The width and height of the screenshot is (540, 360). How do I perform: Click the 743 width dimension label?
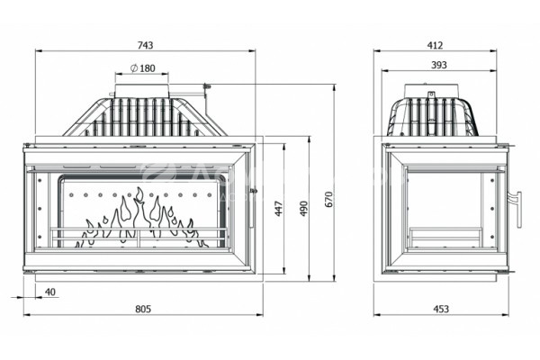tap(145, 45)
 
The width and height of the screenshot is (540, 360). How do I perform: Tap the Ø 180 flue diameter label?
tap(142, 68)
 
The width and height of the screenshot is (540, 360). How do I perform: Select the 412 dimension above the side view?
tap(435, 45)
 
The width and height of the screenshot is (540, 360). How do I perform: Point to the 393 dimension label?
tap(439, 65)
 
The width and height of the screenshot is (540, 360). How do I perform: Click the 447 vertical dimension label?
tap(279, 209)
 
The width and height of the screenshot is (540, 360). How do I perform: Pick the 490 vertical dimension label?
tap(304, 209)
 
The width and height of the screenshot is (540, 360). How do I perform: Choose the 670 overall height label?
tap(329, 199)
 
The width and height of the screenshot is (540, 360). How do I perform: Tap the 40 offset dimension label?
tap(49, 292)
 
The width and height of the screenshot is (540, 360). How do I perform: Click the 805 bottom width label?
tap(143, 309)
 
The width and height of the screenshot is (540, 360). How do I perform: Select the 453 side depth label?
tap(441, 309)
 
